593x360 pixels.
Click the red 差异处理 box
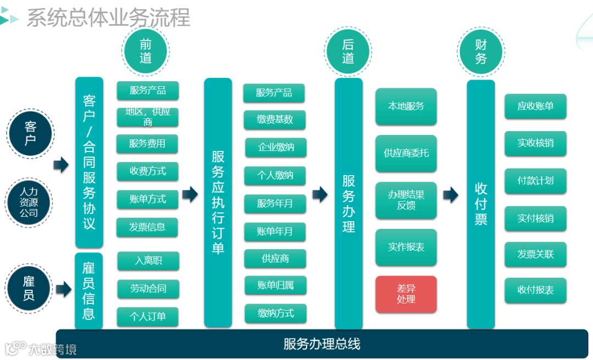click(406, 294)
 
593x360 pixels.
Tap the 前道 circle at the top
click(146, 51)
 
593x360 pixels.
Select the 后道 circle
click(348, 52)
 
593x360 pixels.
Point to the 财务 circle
click(481, 52)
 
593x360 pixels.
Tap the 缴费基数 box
click(275, 120)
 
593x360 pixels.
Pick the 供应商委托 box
click(406, 153)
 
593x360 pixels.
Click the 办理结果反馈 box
click(406, 200)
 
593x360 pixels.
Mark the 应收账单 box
click(535, 106)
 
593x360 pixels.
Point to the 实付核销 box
click(535, 218)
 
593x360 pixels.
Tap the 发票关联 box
click(535, 254)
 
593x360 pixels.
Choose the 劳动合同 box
click(148, 289)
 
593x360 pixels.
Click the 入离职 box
click(148, 261)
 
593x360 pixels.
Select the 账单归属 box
click(275, 285)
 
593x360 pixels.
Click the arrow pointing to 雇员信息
click(64, 289)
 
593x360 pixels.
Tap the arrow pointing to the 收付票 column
click(451, 194)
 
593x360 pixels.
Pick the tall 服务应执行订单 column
click(218, 203)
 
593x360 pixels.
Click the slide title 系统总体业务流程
click(108, 18)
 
